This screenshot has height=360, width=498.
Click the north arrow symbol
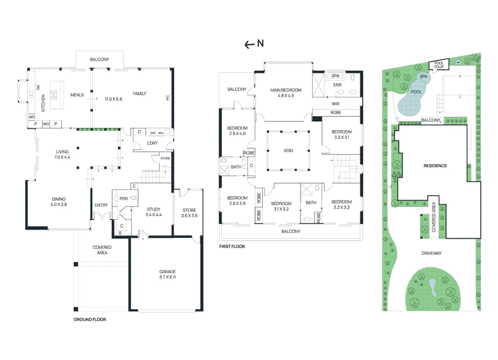[254, 44]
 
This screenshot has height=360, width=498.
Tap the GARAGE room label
[167, 274]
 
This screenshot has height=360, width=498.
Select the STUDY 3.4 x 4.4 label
[153, 212]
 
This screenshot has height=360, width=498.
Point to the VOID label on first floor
[288, 151]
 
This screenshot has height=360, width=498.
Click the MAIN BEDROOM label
[286, 93]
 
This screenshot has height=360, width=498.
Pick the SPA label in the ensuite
[335, 76]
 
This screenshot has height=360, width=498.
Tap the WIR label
[335, 104]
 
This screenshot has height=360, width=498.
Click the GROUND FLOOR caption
[90, 319]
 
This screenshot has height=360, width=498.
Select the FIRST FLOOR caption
[232, 246]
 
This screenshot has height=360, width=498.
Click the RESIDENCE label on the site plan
[435, 166]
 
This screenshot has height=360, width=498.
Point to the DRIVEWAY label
[431, 253]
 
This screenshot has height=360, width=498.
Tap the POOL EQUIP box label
[439, 65]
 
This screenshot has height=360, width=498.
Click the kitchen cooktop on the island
[54, 95]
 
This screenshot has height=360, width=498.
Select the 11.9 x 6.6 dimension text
[113, 99]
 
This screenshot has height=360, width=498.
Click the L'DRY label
[152, 143]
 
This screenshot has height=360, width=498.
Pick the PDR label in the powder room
[124, 199]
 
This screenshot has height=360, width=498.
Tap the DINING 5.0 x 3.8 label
[59, 202]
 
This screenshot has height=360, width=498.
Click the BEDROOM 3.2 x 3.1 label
[342, 134]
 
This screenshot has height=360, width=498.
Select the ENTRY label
[101, 205]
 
